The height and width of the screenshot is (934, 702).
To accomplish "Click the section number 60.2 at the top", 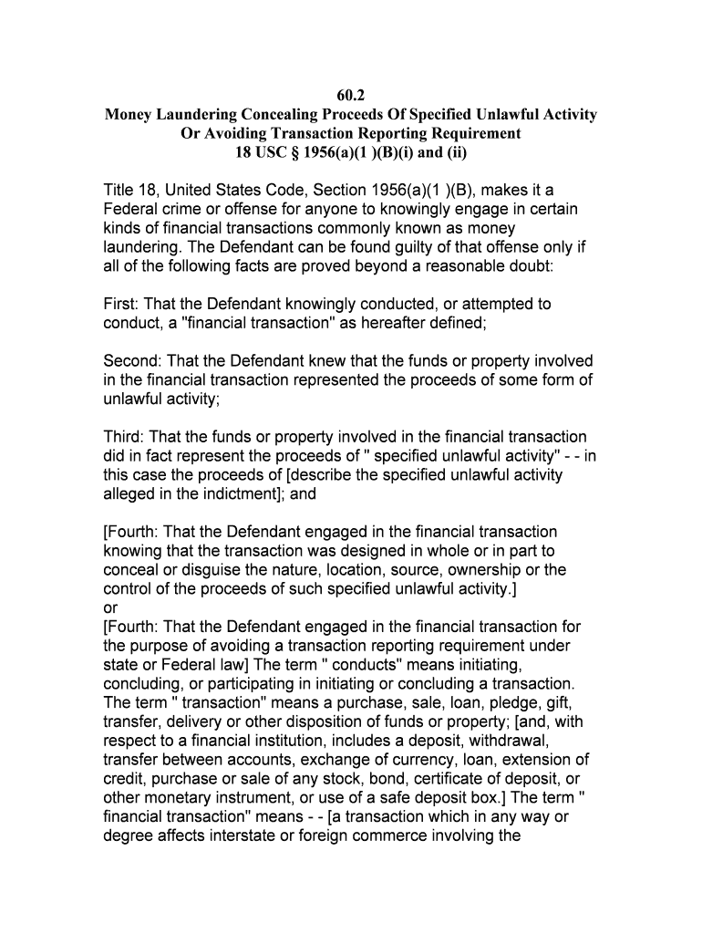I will [x=350, y=95].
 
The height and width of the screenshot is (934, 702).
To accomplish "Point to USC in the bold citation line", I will [x=270, y=152].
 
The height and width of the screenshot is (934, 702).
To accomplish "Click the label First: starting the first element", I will [x=125, y=305].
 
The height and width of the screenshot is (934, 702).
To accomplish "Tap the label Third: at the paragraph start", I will [x=125, y=437].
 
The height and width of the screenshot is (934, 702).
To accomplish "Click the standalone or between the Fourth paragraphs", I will [x=111, y=608].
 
